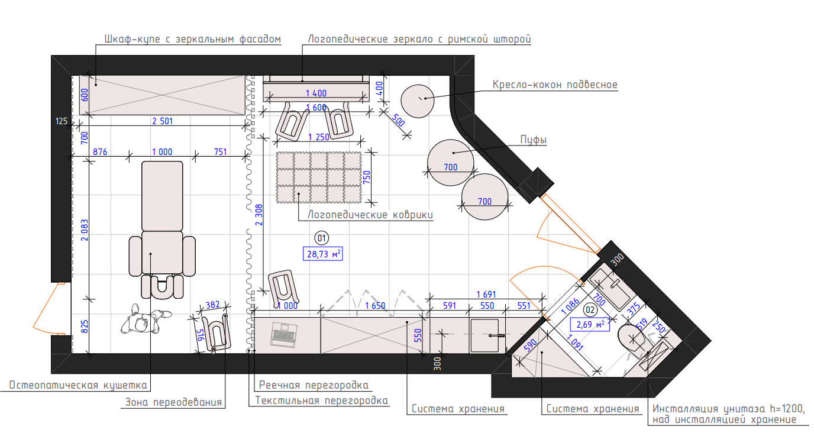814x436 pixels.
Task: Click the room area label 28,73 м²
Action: pyautogui.click(x=322, y=254)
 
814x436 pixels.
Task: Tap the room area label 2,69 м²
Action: pyautogui.click(x=590, y=324)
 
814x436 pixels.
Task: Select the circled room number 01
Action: pyautogui.click(x=322, y=238)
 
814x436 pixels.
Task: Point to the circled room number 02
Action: pyautogui.click(x=590, y=310)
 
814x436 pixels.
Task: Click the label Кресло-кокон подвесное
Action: pyautogui.click(x=555, y=85)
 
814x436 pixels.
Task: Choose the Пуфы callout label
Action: pyautogui.click(x=533, y=140)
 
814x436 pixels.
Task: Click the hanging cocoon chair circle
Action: pyautogui.click(x=418, y=101)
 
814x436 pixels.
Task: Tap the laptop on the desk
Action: pyautogui.click(x=284, y=334)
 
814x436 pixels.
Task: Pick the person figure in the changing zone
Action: pyautogui.click(x=146, y=319)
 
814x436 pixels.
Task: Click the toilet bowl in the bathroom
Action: pyautogui.click(x=632, y=338)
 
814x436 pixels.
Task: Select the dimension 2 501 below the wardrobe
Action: pyautogui.click(x=162, y=121)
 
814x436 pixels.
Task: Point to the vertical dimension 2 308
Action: pyautogui.click(x=259, y=215)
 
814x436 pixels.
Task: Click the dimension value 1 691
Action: pyautogui.click(x=486, y=294)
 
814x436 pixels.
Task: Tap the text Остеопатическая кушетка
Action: pyautogui.click(x=78, y=385)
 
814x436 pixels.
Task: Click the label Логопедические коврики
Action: pyautogui.click(x=370, y=215)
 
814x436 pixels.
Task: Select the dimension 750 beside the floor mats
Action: pyautogui.click(x=367, y=177)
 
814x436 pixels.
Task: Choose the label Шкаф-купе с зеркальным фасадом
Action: pyautogui.click(x=193, y=39)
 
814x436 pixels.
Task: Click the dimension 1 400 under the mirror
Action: pyautogui.click(x=316, y=93)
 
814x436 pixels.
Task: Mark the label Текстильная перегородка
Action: pyautogui.click(x=322, y=401)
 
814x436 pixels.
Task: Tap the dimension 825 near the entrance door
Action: pyautogui.click(x=85, y=327)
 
